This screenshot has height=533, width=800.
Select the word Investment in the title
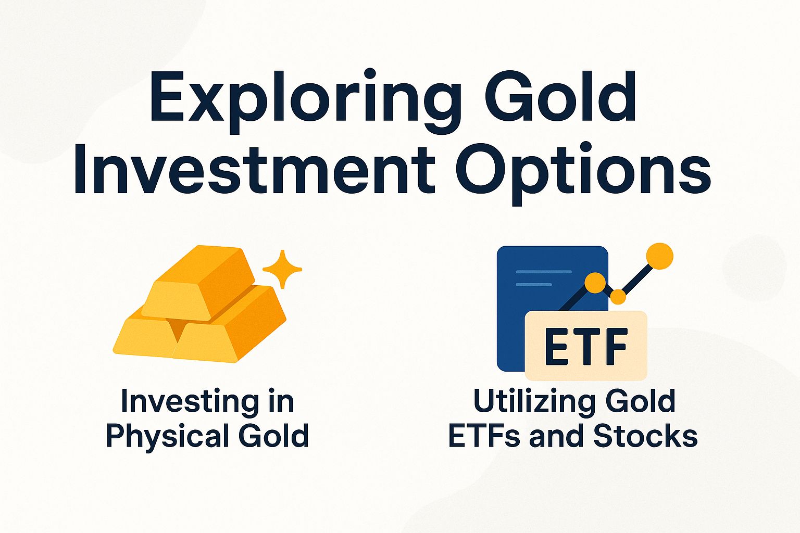coord(254,169)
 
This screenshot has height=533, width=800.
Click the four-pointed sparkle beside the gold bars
coord(282,269)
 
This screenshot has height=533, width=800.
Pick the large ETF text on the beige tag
coord(586,346)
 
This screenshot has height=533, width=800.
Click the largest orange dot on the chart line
coord(659,256)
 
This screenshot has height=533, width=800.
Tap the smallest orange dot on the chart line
coord(618,297)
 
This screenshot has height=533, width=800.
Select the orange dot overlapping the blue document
coord(595,283)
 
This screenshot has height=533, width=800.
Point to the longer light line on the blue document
coord(543,272)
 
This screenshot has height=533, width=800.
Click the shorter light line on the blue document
coord(533,285)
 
